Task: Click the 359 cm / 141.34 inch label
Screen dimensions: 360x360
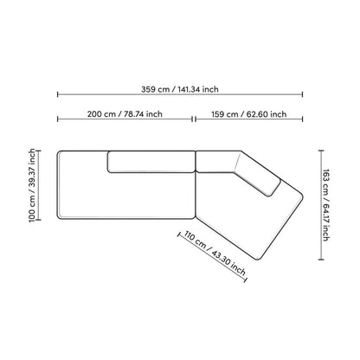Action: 180,87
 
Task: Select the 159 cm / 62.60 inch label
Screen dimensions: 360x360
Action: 247,113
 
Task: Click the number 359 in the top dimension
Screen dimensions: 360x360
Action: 151,87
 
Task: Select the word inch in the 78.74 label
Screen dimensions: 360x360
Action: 153,113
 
